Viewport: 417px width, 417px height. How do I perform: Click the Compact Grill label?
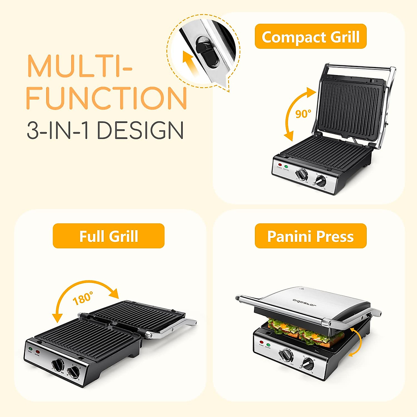click(x=310, y=36)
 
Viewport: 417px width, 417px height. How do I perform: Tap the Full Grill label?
click(x=108, y=236)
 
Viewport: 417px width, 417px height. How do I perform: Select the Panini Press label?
click(x=310, y=236)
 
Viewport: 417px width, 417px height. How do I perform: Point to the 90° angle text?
click(x=303, y=114)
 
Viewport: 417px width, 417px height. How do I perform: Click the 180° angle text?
click(x=83, y=298)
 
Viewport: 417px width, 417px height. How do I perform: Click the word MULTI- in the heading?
click(x=79, y=66)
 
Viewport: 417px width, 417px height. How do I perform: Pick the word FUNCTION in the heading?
click(x=106, y=98)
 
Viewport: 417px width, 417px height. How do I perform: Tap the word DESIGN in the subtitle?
click(x=140, y=131)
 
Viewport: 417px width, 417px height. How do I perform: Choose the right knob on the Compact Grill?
click(x=320, y=181)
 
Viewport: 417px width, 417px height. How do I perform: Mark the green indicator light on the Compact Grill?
click(x=286, y=167)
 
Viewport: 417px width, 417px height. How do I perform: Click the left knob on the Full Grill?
click(x=58, y=365)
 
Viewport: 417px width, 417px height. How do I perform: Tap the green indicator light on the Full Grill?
click(x=31, y=349)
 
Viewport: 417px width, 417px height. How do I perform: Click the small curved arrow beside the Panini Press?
click(x=357, y=342)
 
